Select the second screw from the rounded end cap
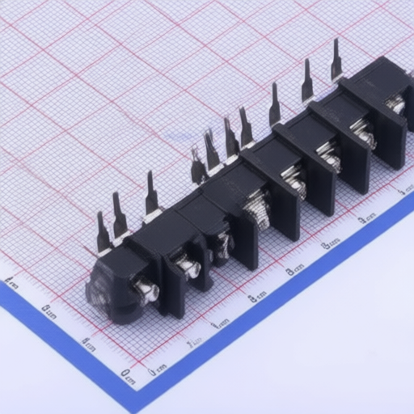[188, 266]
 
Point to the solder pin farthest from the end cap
[336, 61]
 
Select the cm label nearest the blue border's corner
[127, 374]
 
